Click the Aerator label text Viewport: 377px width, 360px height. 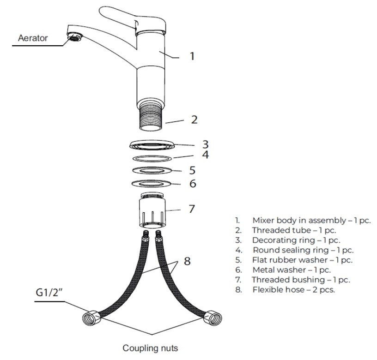32,38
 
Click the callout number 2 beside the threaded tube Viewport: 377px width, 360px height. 194,120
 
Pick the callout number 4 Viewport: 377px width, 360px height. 205,155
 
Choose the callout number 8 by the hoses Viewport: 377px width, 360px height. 187,261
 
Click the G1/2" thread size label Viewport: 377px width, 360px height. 49,293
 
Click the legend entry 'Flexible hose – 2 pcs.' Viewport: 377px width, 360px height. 293,290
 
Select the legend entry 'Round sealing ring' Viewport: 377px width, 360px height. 302,250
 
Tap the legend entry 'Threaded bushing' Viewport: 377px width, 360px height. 300,280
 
